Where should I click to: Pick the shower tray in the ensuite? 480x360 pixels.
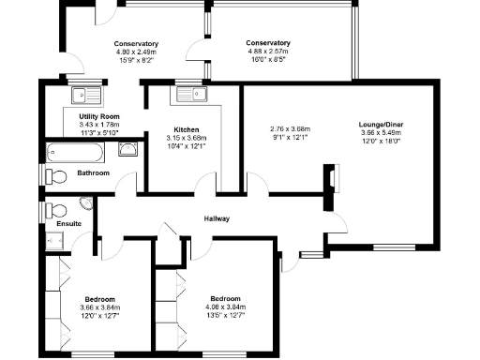(x=52, y=241)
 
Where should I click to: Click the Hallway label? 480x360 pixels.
(x=218, y=218)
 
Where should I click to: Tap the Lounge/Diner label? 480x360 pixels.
(x=380, y=123)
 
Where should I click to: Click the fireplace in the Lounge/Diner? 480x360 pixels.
(x=330, y=180)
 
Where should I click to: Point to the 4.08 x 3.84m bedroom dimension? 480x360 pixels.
(x=226, y=306)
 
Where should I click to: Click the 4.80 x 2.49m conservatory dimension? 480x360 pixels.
(x=136, y=53)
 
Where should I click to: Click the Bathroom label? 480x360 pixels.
(x=94, y=173)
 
